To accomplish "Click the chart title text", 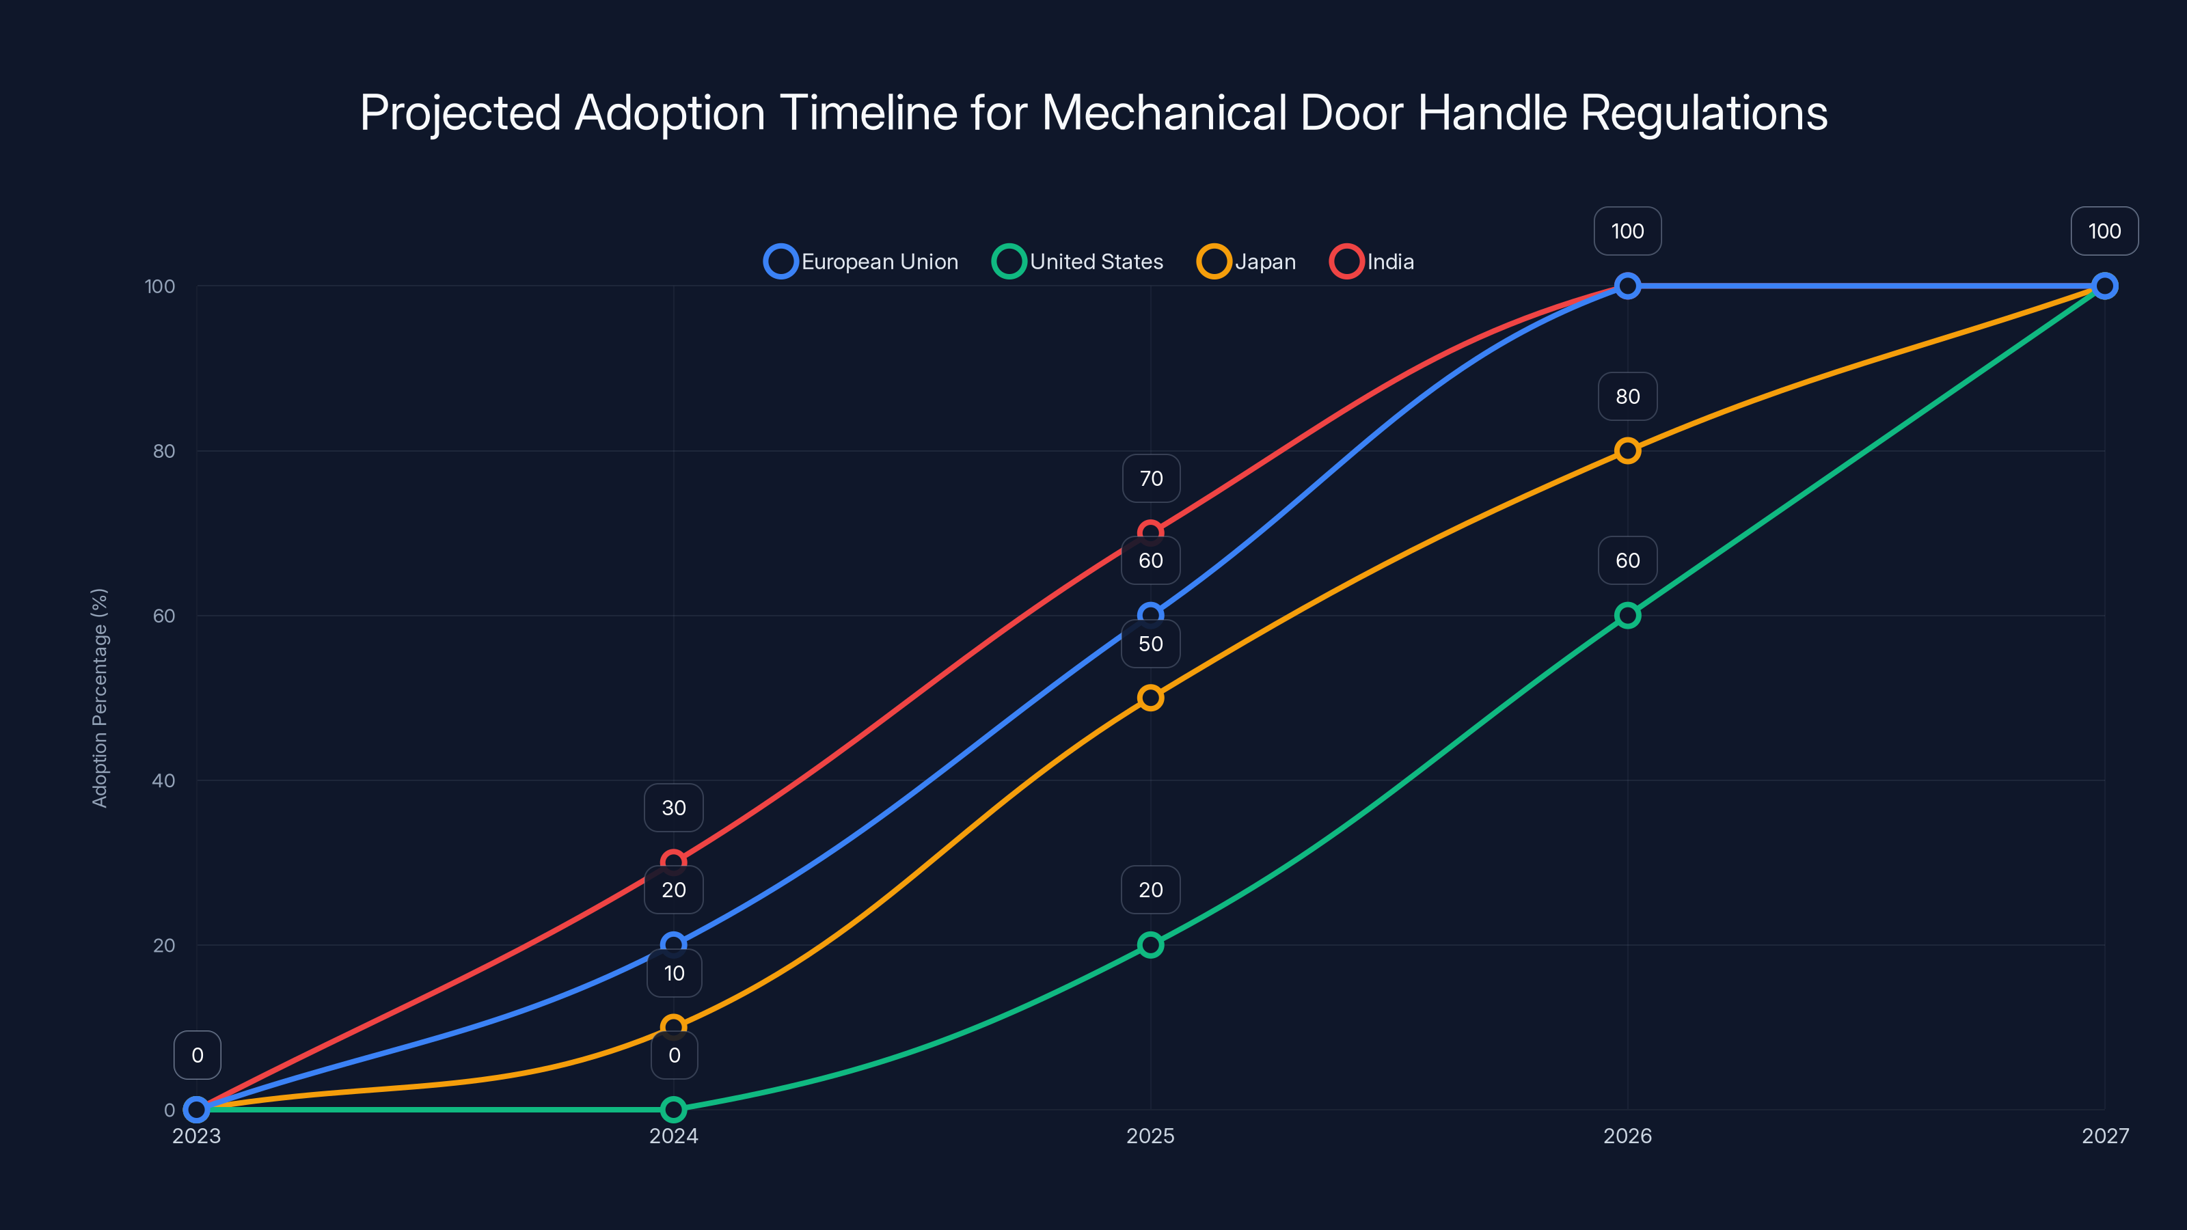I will [x=1093, y=113].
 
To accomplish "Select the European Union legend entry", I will [x=862, y=262].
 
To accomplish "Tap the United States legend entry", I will [x=1078, y=262].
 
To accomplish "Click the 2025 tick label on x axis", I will [x=1150, y=1136].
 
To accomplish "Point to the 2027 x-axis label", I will [x=2105, y=1136].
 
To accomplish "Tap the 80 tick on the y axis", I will [x=164, y=451].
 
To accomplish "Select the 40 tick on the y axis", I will [x=164, y=780].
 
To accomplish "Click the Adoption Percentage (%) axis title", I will [x=100, y=698].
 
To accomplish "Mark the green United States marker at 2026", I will [x=1627, y=616].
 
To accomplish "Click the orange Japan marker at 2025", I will [x=1150, y=698].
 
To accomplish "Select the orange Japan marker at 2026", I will [x=1627, y=451].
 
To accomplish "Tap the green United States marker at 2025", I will [x=1150, y=945].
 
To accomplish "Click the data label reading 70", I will [x=1150, y=479].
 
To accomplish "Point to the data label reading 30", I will [x=673, y=808].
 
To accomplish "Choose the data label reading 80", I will [x=1627, y=396].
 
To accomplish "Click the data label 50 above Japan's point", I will [x=1150, y=644].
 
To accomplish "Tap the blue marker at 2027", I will [x=2104, y=286].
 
